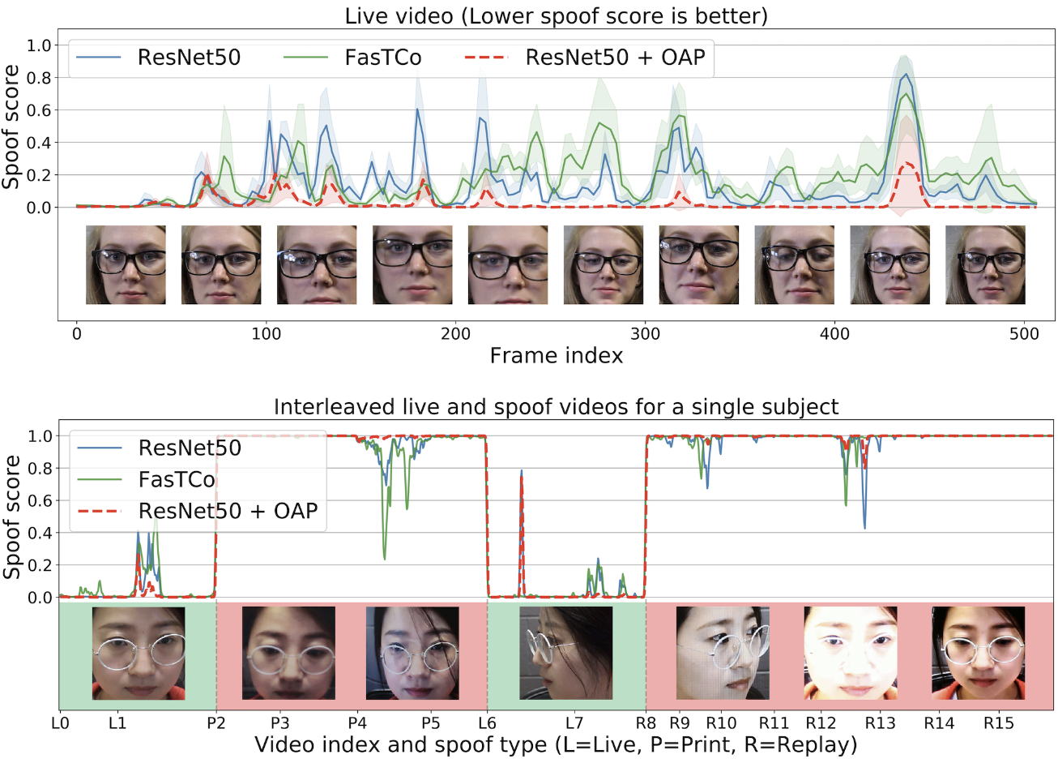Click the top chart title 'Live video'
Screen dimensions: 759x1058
point(556,15)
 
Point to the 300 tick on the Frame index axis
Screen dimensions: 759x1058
point(646,333)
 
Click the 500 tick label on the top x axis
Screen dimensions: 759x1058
point(1025,333)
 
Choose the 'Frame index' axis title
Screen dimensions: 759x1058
point(556,355)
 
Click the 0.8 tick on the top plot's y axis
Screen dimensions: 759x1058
point(39,78)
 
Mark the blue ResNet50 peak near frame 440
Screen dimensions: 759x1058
point(906,75)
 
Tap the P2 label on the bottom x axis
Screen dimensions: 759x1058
point(215,723)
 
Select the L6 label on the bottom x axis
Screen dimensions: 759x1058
point(487,723)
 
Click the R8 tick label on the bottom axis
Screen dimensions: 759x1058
point(646,723)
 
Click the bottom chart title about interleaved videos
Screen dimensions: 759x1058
point(556,406)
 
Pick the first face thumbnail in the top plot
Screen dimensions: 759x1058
point(126,265)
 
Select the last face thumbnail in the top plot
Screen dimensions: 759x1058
point(985,265)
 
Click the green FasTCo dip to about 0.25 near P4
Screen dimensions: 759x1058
point(384,558)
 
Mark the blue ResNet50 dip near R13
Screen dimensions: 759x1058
point(864,528)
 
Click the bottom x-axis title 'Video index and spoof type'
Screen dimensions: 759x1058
point(556,744)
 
